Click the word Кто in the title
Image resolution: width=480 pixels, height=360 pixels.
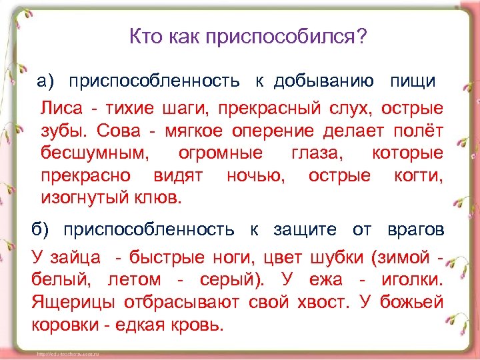[x=143, y=36]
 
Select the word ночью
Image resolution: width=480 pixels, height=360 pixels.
[x=255, y=175]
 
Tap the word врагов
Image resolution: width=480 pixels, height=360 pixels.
[x=415, y=230]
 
